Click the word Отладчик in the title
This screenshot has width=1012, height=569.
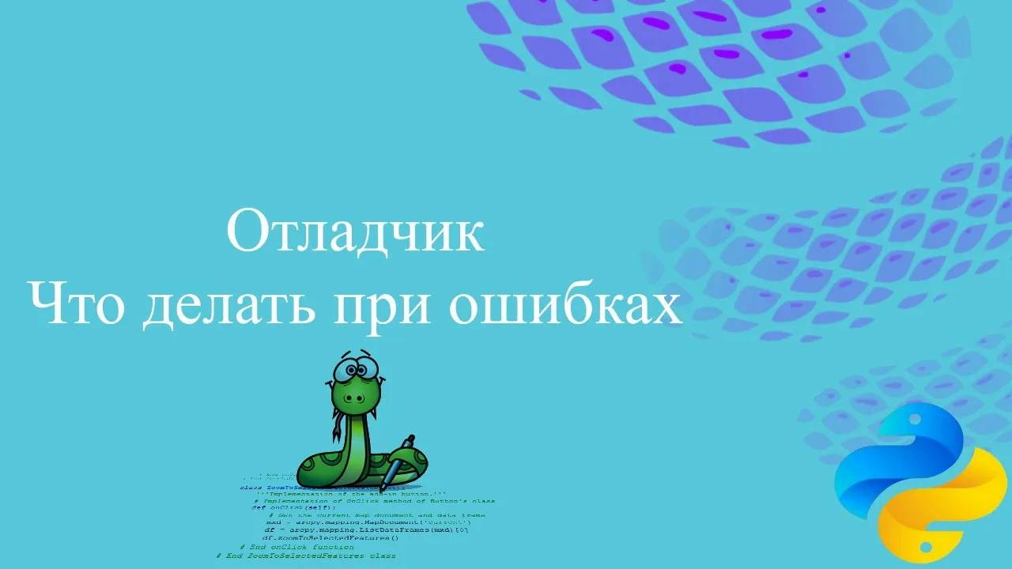pyautogui.click(x=355, y=231)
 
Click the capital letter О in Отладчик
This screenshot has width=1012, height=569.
pyautogui.click(x=248, y=231)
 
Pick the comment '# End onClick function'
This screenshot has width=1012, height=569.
pyautogui.click(x=296, y=546)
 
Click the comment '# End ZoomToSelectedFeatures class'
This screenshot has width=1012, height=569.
pyautogui.click(x=306, y=556)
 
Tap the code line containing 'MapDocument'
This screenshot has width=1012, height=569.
pyautogui.click(x=368, y=522)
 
